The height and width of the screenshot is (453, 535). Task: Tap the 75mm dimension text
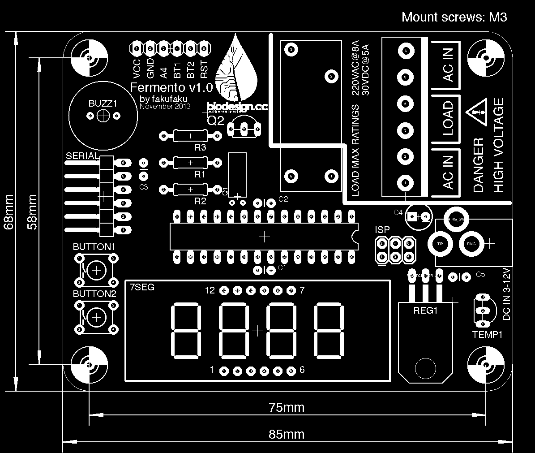pyautogui.click(x=287, y=407)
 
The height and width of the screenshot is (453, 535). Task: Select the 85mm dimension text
pyautogui.click(x=287, y=434)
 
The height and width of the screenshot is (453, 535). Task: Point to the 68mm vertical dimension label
pyautogui.click(x=9, y=211)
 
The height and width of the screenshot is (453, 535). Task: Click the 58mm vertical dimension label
pyautogui.click(x=32, y=211)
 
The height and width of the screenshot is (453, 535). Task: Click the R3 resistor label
pyautogui.click(x=200, y=147)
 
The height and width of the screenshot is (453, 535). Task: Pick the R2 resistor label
pyautogui.click(x=200, y=201)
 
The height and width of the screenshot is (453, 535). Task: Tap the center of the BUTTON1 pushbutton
pyautogui.click(x=96, y=270)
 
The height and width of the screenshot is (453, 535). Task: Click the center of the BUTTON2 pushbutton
pyautogui.click(x=96, y=317)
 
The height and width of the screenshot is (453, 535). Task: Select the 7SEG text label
pyautogui.click(x=142, y=287)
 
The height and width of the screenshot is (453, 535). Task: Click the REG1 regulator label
pyautogui.click(x=425, y=310)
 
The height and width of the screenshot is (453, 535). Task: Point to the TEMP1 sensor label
pyautogui.click(x=488, y=335)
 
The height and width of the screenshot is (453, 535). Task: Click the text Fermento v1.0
pyautogui.click(x=171, y=87)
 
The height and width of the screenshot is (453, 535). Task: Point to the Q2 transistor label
pyautogui.click(x=216, y=120)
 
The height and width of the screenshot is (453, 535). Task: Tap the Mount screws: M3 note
pyautogui.click(x=454, y=17)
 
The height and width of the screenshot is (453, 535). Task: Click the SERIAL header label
pyautogui.click(x=82, y=156)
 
